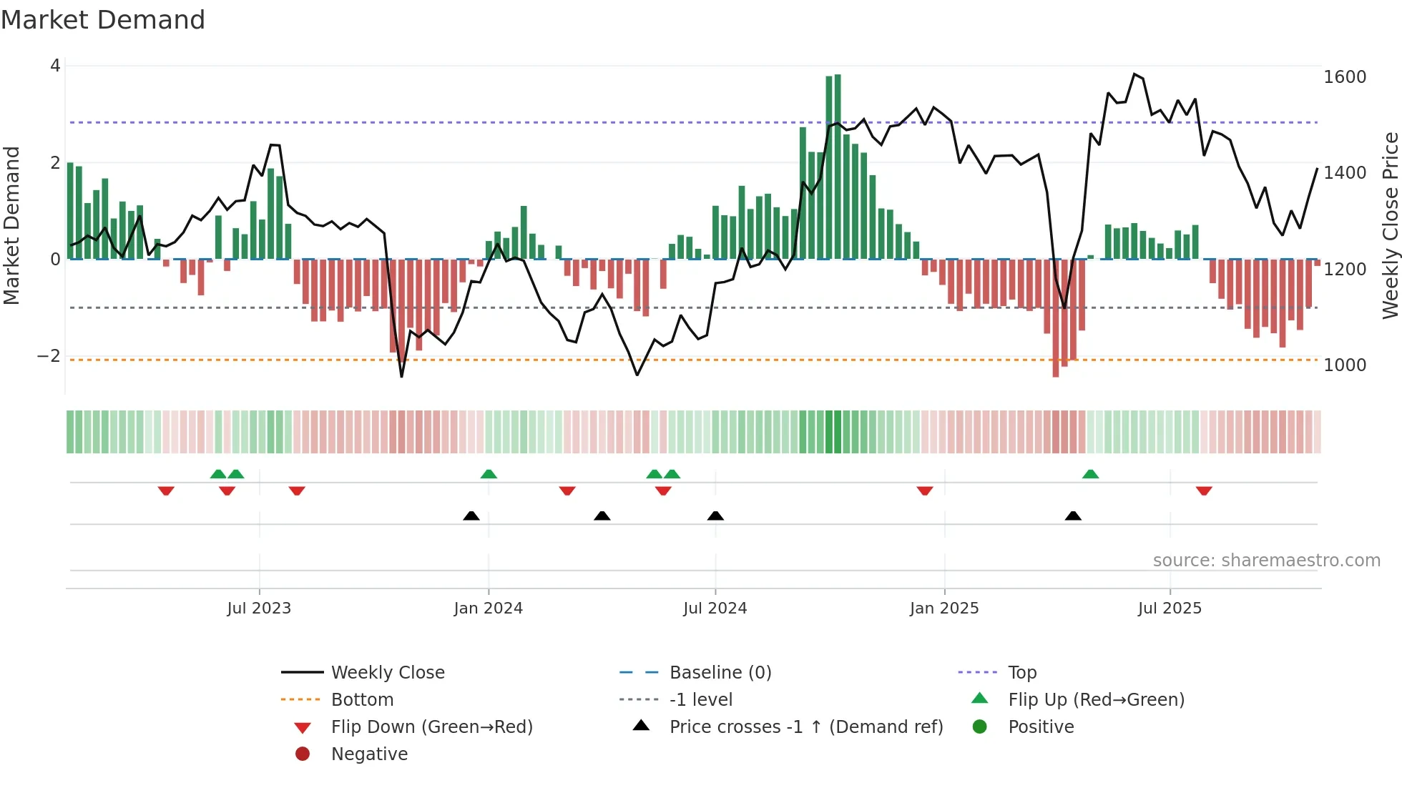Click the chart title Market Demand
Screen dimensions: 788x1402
click(103, 20)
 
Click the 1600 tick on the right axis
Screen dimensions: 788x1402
click(1344, 77)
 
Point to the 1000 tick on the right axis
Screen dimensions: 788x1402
click(1344, 365)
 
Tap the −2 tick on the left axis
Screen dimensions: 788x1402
click(49, 356)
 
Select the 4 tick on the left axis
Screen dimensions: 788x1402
click(55, 66)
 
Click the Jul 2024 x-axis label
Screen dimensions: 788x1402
click(715, 609)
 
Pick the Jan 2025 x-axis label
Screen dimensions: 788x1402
click(943, 609)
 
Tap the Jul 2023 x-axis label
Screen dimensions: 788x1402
click(259, 609)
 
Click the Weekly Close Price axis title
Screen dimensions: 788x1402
click(1390, 225)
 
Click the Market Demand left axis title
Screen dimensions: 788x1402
click(11, 225)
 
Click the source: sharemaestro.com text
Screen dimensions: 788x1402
click(1266, 561)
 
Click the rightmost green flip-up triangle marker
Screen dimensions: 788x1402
click(1090, 474)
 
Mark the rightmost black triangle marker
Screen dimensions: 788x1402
click(1072, 516)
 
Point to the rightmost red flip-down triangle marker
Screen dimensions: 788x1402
click(1203, 491)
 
